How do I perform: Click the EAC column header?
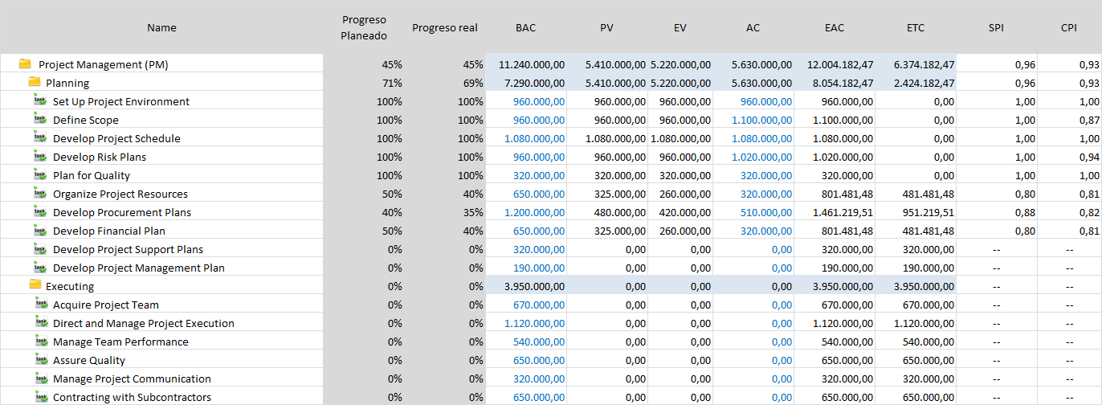coord(835,27)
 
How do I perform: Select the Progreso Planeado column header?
coord(364,27)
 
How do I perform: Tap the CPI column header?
coord(1069,27)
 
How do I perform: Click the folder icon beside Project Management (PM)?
coord(25,63)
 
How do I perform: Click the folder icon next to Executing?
coord(35,284)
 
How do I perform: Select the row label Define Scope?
coord(86,120)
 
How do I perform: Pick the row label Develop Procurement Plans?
coord(122,213)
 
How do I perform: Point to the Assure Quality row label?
coord(89,360)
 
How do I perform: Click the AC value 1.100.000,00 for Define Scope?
coord(761,120)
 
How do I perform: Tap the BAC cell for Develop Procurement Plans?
coord(534,213)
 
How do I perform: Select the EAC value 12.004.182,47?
coord(840,64)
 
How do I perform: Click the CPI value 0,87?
coord(1089,120)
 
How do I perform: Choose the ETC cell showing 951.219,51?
coord(929,213)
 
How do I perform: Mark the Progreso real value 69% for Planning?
coord(473,83)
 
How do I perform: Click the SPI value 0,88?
coord(1025,213)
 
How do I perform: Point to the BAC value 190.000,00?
coord(539,268)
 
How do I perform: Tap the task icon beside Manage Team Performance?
coord(41,341)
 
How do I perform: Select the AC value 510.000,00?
coord(766,213)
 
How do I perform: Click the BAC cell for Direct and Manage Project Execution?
coord(534,323)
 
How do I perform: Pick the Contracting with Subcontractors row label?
coord(132,397)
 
